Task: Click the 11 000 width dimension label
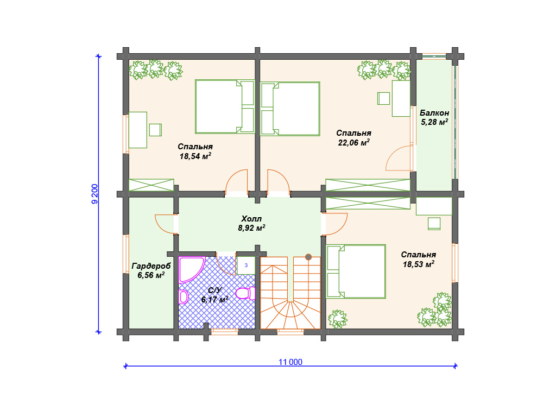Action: pos(290,362)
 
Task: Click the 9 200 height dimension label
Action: pos(94,194)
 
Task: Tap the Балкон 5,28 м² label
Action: pos(434,117)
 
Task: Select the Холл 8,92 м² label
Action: pos(251,223)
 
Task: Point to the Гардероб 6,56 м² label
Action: pos(151,270)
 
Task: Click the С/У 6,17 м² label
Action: pos(214,295)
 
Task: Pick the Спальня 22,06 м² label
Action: pos(354,137)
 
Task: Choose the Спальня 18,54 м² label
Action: pos(195,151)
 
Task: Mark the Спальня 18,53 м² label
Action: pos(419,259)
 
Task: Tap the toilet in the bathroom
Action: pos(245,294)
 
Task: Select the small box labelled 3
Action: pos(246,265)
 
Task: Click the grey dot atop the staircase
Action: pos(308,257)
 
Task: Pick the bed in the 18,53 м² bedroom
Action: pos(356,271)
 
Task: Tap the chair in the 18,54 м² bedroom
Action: pos(155,130)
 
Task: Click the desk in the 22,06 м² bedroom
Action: pos(401,99)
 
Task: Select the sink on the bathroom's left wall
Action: pos(183,297)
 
